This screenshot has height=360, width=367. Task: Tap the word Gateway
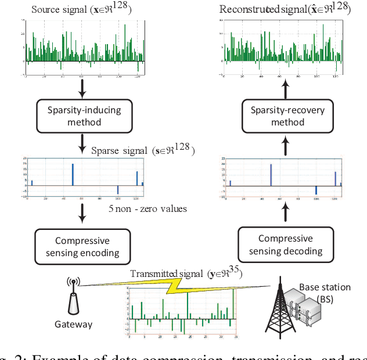73,325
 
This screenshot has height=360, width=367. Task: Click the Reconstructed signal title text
285,9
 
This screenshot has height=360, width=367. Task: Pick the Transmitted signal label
186,273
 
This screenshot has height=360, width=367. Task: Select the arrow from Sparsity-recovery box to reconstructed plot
285,89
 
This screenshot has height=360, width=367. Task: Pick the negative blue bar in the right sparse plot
316,190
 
